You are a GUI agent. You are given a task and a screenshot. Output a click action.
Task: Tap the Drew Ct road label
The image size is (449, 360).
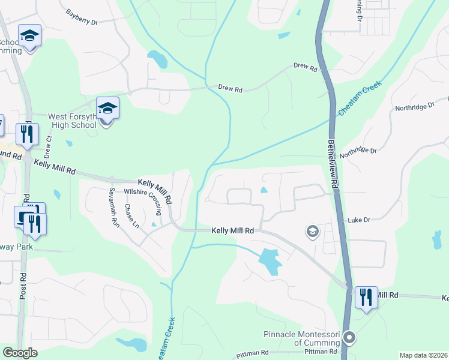pyautogui.click(x=49, y=146)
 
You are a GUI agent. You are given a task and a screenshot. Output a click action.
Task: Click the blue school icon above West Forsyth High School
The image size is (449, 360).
pyautogui.click(x=107, y=109)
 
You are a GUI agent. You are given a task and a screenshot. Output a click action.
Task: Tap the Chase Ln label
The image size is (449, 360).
pyautogui.click(x=131, y=216)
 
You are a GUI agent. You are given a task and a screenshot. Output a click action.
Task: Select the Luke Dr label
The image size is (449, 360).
pyautogui.click(x=358, y=221)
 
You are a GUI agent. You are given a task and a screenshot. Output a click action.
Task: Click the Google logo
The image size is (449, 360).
pyautogui.click(x=20, y=352)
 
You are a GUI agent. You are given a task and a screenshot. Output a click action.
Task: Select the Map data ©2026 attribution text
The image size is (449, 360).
pyautogui.click(x=423, y=355)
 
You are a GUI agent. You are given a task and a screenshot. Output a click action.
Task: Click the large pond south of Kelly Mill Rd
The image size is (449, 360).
pyautogui.click(x=269, y=261)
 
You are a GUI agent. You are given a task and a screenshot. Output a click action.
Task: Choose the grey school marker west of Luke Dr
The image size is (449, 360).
pyautogui.click(x=312, y=231)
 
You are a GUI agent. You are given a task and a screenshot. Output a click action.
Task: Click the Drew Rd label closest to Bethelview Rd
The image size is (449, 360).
pyautogui.click(x=305, y=67)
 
